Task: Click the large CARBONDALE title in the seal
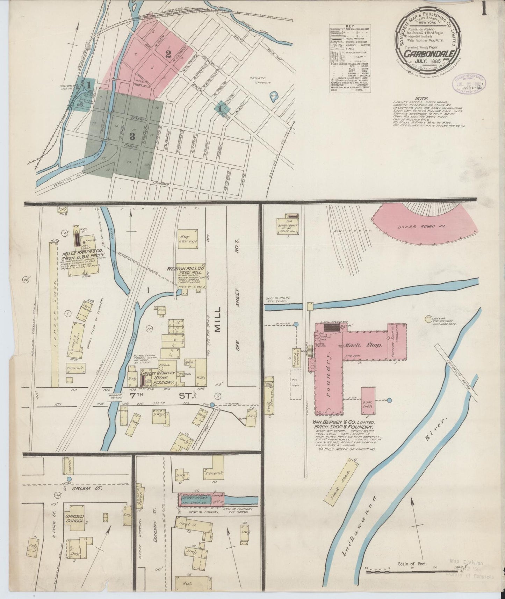click(x=430, y=54)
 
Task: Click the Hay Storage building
click(x=189, y=239)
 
